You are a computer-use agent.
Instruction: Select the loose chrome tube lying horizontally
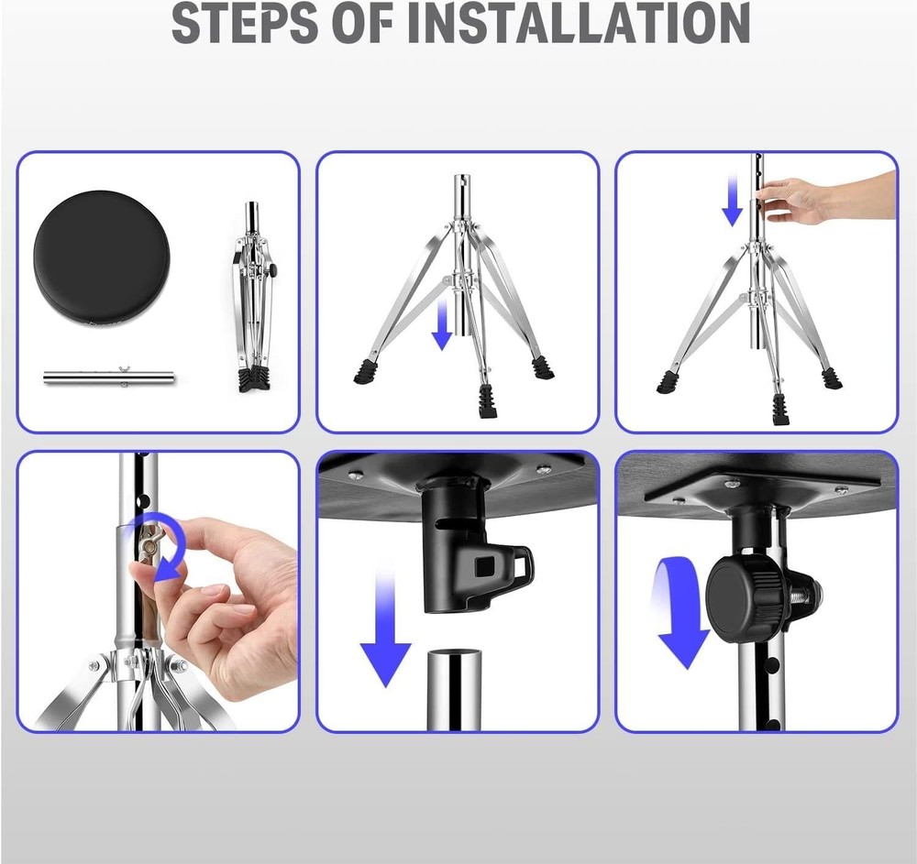point(108,377)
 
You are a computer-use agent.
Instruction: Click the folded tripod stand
point(252,298)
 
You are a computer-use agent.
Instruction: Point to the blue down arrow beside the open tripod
point(442,321)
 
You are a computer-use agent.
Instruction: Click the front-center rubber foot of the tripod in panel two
point(488,400)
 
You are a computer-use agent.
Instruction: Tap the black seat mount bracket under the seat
point(463,550)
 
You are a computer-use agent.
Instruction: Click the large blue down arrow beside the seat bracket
point(384,632)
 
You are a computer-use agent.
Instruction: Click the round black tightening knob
point(743,601)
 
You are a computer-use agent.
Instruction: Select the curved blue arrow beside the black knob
point(679,614)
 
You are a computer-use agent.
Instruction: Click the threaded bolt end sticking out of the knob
point(812,596)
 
